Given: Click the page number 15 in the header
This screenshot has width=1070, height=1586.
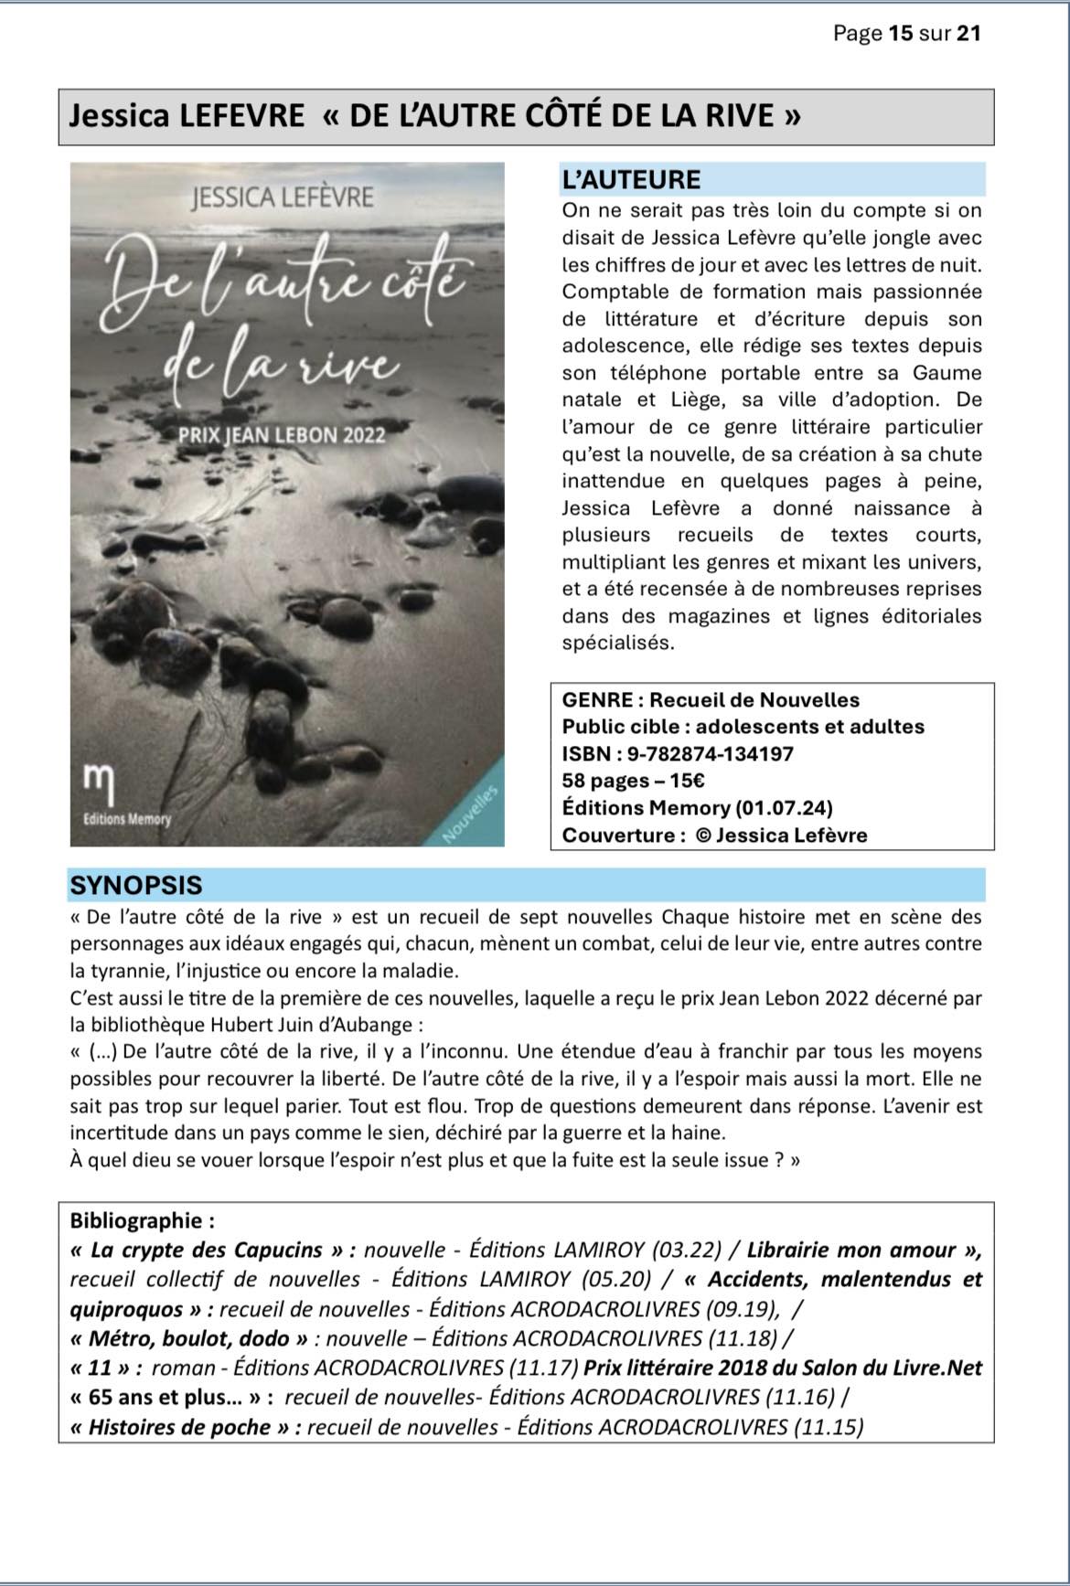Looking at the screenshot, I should click(900, 34).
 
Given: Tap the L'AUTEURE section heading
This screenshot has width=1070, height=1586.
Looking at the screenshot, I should click(631, 179).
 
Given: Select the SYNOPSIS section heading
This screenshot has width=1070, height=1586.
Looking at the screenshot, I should click(135, 885).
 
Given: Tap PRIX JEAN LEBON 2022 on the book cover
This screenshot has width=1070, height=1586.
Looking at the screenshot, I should click(282, 435).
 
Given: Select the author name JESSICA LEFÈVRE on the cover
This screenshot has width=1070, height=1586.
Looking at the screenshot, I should click(283, 197).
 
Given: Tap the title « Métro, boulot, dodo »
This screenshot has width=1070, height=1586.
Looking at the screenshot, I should click(191, 1338).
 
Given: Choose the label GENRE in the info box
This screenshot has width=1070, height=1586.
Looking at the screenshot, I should click(598, 700).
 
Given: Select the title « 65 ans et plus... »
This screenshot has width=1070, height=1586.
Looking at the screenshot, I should click(170, 1397).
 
